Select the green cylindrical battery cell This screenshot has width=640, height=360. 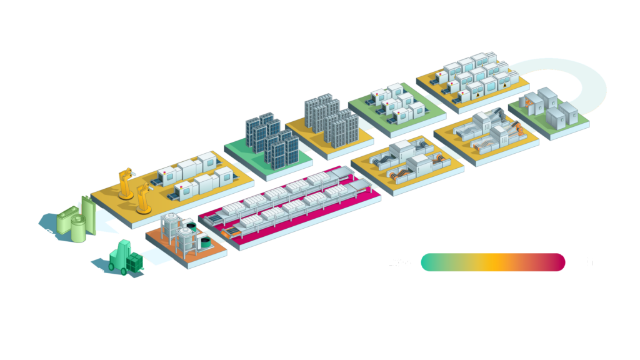[77, 229]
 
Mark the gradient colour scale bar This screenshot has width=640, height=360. [492, 262]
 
